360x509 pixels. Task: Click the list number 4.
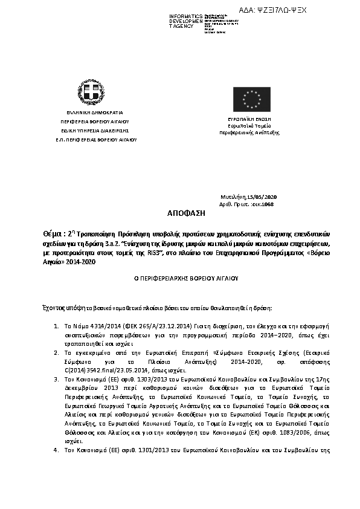pyautogui.click(x=56, y=450)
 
